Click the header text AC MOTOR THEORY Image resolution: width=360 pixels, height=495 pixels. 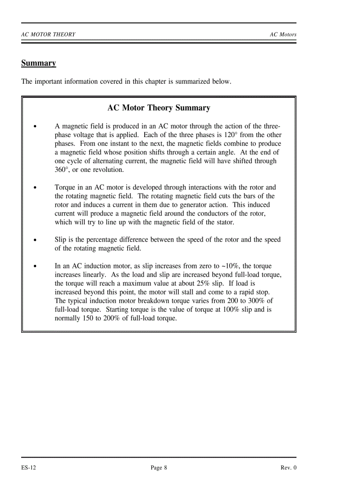48,34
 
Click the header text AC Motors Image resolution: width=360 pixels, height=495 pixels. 283,34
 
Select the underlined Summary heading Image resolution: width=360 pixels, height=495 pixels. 38,63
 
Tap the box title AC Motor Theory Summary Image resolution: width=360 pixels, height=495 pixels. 158,108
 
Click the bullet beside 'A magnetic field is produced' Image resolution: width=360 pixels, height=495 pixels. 34,127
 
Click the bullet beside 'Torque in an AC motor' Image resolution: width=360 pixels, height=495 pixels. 34,188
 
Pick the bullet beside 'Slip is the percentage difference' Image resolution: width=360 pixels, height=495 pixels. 34,240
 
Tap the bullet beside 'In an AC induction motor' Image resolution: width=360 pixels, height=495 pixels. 34,267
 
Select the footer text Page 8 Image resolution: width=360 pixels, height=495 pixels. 159,468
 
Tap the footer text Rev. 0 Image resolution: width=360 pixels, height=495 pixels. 289,468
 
